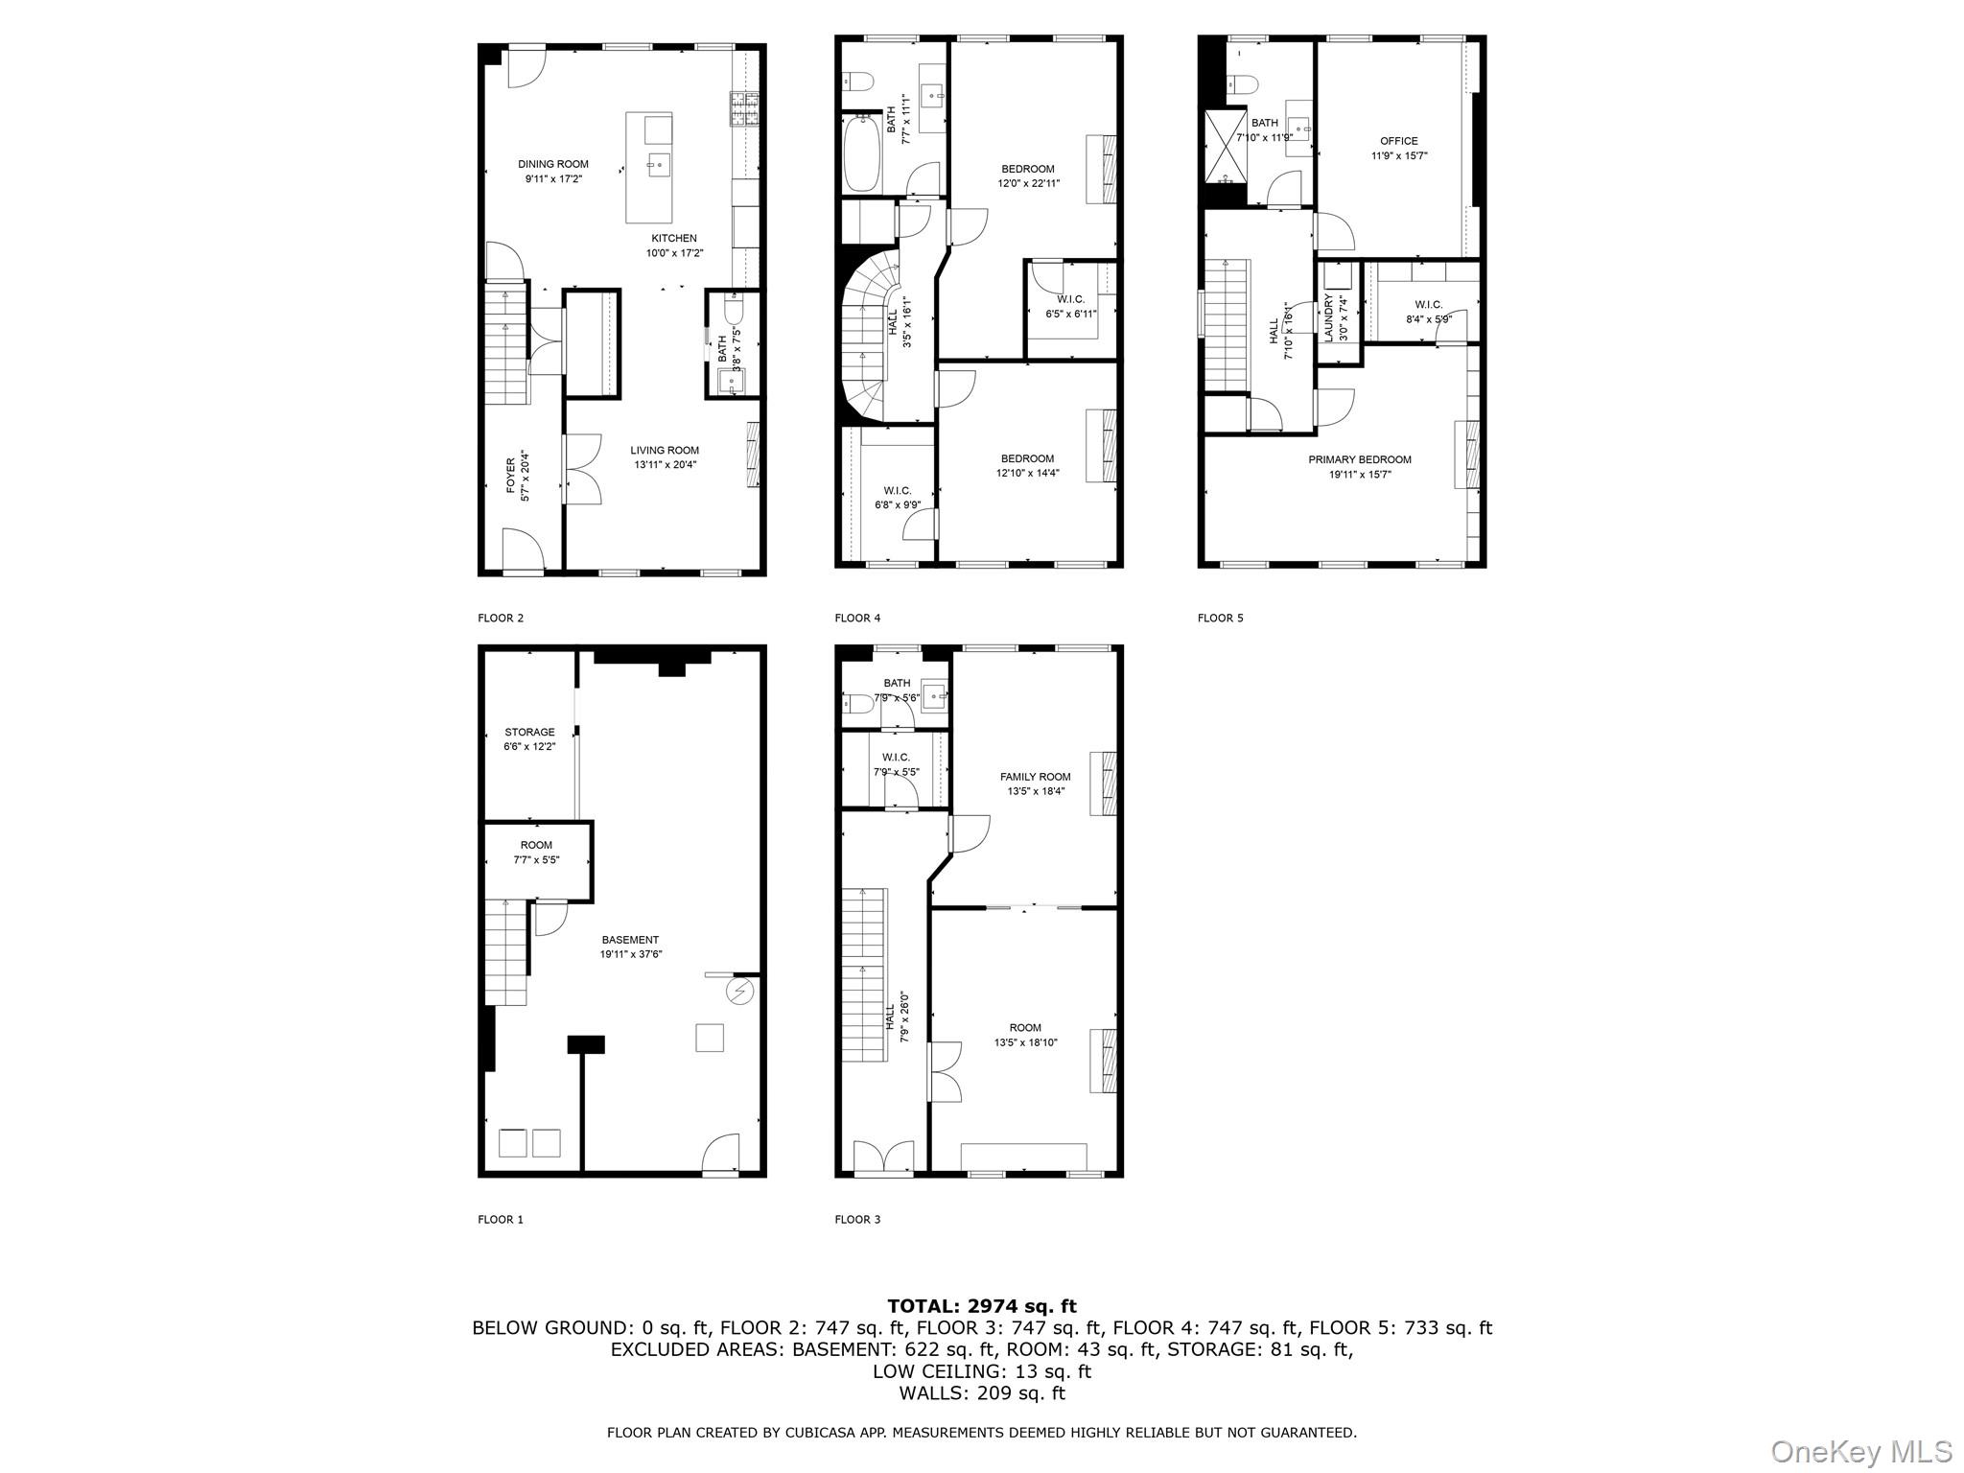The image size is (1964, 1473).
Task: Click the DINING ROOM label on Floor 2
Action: [553, 164]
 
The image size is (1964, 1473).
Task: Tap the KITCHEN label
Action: [674, 239]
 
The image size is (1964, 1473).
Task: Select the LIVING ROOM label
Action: [665, 451]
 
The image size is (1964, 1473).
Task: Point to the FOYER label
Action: [511, 476]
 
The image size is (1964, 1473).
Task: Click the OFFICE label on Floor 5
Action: [1399, 141]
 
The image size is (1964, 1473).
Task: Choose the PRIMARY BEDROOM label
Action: [1360, 460]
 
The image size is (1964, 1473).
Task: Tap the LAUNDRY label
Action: [1328, 317]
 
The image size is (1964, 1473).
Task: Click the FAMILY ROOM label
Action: [1036, 777]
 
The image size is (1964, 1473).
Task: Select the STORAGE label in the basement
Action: [530, 733]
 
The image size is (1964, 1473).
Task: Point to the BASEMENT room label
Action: [631, 940]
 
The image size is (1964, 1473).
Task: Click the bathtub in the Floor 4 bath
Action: [861, 153]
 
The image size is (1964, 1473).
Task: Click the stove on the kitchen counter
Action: [742, 108]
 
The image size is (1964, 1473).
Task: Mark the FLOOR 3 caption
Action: [857, 1220]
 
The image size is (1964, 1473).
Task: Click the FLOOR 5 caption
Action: [1220, 619]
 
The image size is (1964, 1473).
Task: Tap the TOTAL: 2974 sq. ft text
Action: [982, 1306]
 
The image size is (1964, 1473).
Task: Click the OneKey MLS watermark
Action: [1861, 1451]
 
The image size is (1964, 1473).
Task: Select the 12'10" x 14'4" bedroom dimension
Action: [1028, 473]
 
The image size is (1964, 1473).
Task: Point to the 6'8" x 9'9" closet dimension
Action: [898, 505]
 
